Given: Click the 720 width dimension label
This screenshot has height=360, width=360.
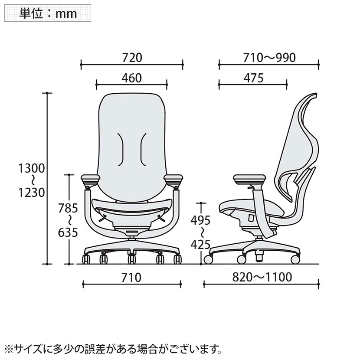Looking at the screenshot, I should pyautogui.click(x=132, y=57).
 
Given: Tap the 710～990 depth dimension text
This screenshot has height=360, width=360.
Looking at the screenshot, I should pyautogui.click(x=269, y=57).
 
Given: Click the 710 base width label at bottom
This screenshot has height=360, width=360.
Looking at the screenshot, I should pyautogui.click(x=131, y=278).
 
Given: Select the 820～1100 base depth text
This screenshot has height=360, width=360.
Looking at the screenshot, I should pyautogui.click(x=262, y=278).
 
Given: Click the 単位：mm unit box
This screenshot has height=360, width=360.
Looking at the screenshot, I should pyautogui.click(x=48, y=13).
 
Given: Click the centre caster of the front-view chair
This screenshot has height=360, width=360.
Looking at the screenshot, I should pyautogui.click(x=131, y=259).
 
